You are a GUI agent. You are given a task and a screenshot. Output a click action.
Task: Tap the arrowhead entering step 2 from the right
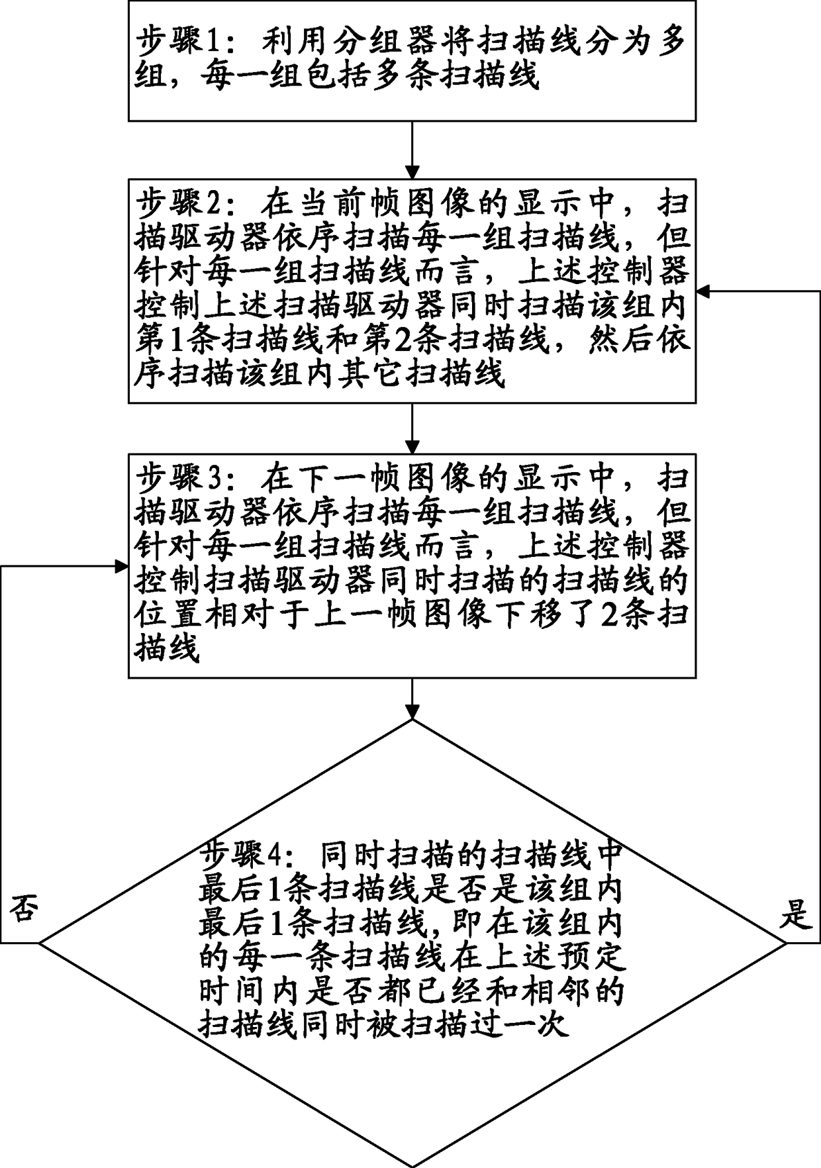tap(704, 291)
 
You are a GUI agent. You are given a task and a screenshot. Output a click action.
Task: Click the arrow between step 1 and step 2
tap(412, 150)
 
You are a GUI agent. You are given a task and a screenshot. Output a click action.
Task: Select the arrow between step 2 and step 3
tap(412, 428)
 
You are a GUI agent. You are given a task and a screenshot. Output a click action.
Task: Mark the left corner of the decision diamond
tap(40, 943)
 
